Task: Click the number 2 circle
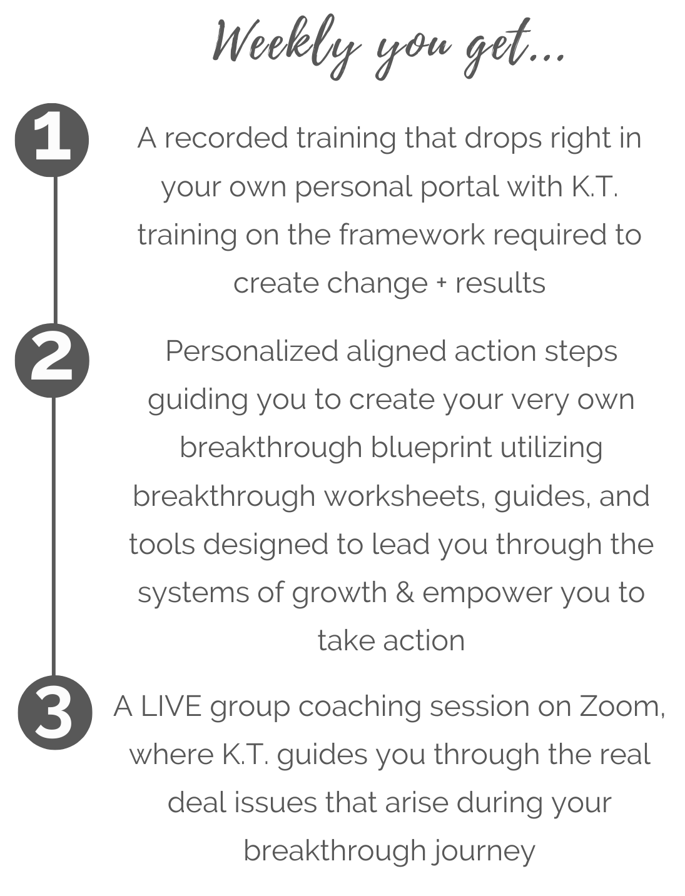click(53, 361)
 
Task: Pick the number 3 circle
click(54, 713)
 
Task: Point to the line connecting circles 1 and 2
click(55, 250)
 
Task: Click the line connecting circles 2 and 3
click(54, 538)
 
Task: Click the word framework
click(412, 235)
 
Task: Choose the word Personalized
click(251, 352)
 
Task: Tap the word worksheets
click(403, 496)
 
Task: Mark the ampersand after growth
click(404, 593)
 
